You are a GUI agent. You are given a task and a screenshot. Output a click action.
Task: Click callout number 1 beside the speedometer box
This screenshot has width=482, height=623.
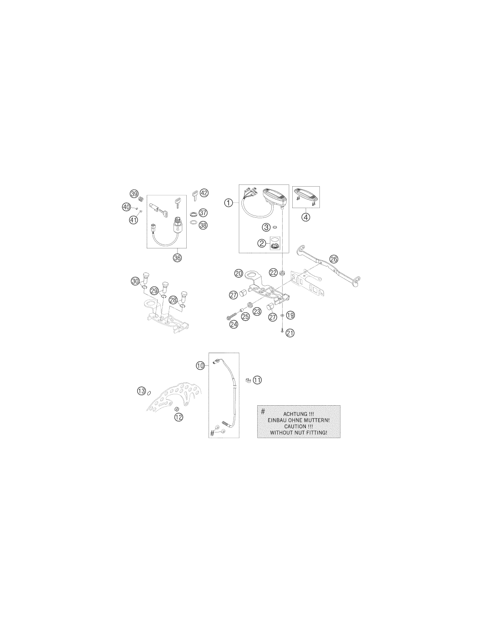(x=228, y=203)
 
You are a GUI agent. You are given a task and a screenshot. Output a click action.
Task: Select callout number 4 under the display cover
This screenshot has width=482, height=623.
(x=306, y=217)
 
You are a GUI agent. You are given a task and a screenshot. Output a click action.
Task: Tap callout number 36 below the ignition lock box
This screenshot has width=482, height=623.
(x=177, y=258)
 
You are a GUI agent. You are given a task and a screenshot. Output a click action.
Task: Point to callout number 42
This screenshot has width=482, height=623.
(x=204, y=193)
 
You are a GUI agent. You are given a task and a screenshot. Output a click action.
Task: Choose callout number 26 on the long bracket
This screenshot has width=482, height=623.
(x=333, y=259)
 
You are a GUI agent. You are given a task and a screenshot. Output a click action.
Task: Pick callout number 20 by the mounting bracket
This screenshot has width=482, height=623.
(x=238, y=273)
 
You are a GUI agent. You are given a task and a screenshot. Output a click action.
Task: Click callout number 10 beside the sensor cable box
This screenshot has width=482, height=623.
(x=200, y=365)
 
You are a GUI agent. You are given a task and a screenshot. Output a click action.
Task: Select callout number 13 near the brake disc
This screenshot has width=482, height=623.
(x=142, y=391)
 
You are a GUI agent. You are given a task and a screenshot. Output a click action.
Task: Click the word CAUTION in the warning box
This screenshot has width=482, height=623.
(x=295, y=427)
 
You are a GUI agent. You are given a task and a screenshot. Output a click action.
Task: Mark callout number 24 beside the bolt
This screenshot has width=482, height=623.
(x=234, y=325)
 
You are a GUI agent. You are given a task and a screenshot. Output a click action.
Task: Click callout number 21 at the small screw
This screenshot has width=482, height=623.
(x=290, y=333)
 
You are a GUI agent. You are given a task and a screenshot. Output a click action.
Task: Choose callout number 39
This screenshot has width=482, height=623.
(x=134, y=194)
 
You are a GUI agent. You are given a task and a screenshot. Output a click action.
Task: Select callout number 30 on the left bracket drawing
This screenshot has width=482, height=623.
(x=135, y=281)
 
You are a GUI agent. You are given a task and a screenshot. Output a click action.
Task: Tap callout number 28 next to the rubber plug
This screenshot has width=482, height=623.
(x=173, y=300)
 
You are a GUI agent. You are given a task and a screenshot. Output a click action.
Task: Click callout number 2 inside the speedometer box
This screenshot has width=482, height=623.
(x=262, y=244)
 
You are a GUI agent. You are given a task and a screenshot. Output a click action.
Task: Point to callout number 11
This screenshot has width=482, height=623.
(x=258, y=380)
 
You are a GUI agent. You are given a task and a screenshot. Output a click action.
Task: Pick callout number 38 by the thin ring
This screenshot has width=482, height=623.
(x=203, y=225)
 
